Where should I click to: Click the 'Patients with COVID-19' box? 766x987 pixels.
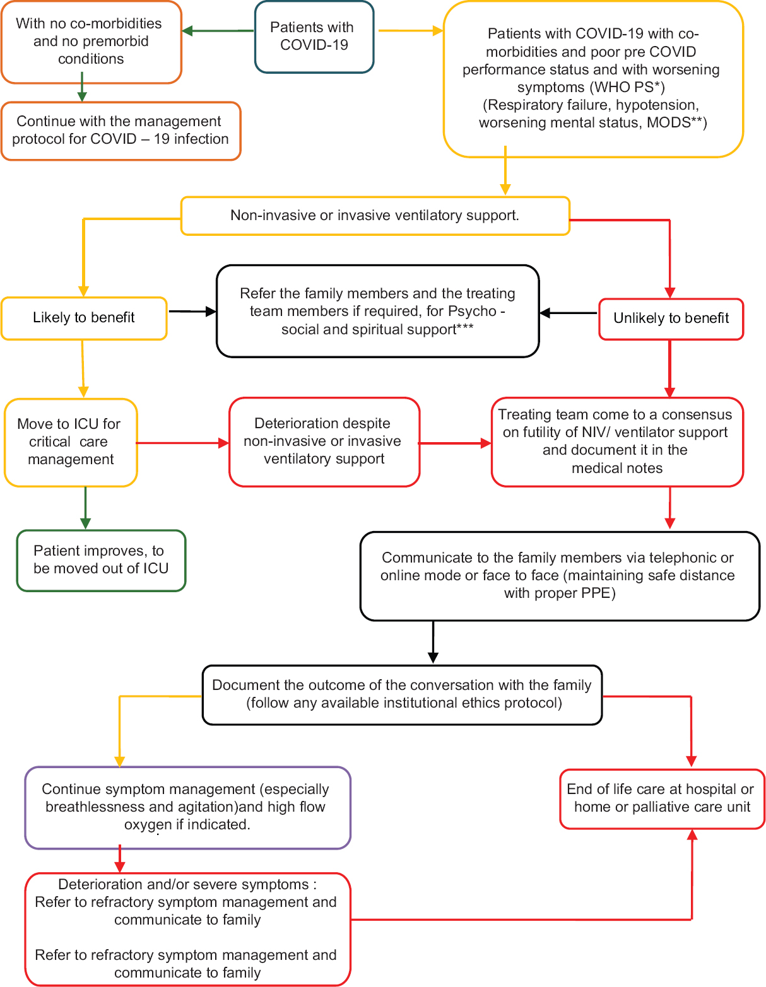(x=314, y=37)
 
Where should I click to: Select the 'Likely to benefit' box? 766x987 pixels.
(x=84, y=318)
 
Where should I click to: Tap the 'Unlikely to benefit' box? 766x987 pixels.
(x=671, y=319)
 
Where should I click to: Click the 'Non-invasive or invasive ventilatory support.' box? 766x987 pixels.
(x=375, y=216)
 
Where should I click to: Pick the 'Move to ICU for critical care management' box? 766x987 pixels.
(x=71, y=442)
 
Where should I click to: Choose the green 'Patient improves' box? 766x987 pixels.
(x=101, y=560)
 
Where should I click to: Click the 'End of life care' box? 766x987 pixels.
(x=662, y=798)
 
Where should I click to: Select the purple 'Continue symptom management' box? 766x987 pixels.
(x=187, y=807)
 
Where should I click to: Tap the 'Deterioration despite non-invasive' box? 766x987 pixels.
(x=324, y=441)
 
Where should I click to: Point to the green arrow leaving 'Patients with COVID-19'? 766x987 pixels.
(x=218, y=31)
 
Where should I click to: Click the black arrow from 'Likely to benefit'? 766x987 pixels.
(x=192, y=312)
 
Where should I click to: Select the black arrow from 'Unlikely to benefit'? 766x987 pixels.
(x=569, y=313)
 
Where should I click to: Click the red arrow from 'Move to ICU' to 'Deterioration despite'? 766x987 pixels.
(x=182, y=443)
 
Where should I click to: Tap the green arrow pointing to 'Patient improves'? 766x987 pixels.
(x=85, y=508)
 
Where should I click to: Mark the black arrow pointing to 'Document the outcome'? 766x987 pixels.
(x=433, y=642)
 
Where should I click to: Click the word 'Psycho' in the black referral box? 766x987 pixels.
(x=472, y=312)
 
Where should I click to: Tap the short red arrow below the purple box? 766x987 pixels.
(x=120, y=858)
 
